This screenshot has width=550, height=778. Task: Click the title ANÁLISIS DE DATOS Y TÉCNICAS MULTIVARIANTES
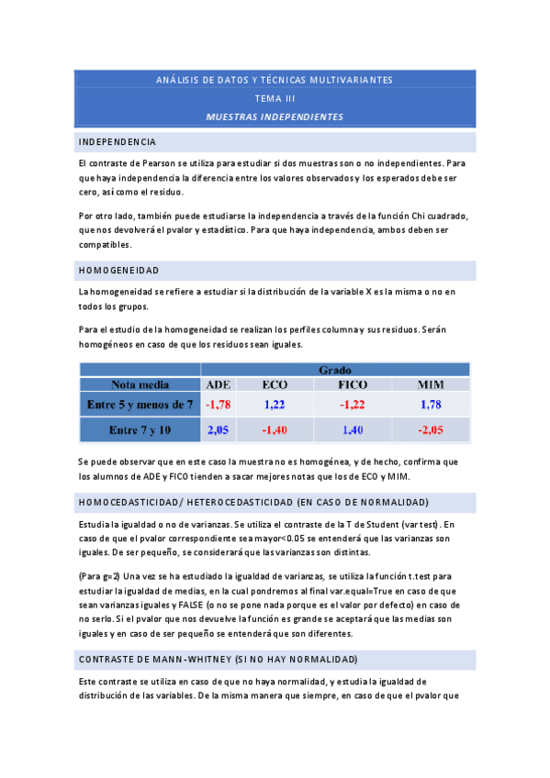point(275,80)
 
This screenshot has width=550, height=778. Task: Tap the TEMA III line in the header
point(275,98)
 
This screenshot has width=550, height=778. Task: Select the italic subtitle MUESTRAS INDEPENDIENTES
point(275,117)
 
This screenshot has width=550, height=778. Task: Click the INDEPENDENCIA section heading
point(118,142)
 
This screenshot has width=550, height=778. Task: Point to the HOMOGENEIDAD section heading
point(119,271)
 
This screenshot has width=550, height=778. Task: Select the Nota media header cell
point(140,384)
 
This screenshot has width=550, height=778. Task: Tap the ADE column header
point(219,384)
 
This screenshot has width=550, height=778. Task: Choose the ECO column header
point(275,384)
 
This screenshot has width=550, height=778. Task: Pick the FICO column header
point(354,384)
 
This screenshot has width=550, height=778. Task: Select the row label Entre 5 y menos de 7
point(140,404)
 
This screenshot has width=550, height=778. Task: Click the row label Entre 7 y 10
point(140,429)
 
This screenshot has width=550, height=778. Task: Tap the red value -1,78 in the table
point(219,404)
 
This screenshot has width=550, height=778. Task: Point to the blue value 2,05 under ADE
point(219,429)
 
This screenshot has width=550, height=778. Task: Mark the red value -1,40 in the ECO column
point(275,429)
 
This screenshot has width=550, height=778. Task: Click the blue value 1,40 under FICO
point(354,429)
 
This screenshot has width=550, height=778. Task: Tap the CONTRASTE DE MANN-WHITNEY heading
point(218,660)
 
